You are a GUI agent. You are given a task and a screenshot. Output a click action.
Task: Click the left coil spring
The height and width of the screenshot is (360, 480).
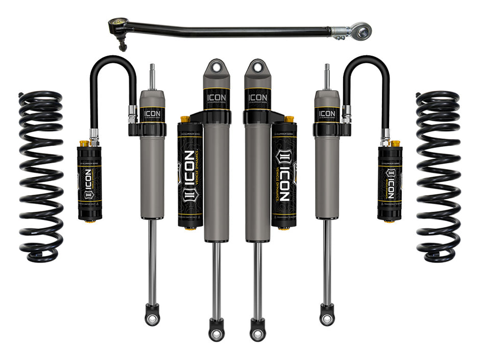point(41,176)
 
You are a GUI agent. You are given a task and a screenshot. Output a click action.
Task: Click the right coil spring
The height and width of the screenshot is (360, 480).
point(438,176)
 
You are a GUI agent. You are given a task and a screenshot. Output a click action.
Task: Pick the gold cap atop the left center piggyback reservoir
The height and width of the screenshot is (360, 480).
point(185,119)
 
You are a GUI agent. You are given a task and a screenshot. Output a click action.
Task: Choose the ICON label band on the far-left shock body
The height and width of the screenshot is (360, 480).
point(152,113)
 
